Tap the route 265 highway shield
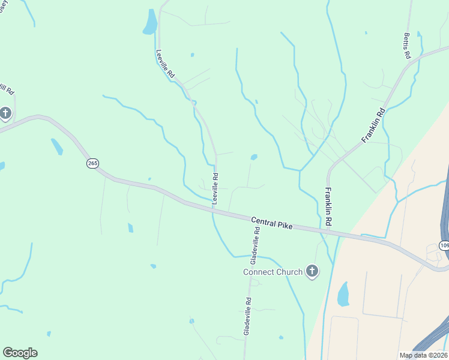click(x=92, y=163)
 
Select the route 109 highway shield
click(x=444, y=245)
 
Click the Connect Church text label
click(x=273, y=272)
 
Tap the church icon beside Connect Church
click(x=312, y=272)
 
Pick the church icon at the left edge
click(x=5, y=113)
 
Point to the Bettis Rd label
click(x=407, y=46)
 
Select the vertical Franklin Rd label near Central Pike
click(x=328, y=207)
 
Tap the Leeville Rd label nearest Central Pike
click(x=215, y=188)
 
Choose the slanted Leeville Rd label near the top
click(x=165, y=64)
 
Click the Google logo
click(x=20, y=353)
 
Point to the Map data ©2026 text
click(x=424, y=355)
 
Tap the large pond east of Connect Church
click(x=343, y=295)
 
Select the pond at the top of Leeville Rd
click(x=149, y=22)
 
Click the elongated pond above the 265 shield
click(x=56, y=146)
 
